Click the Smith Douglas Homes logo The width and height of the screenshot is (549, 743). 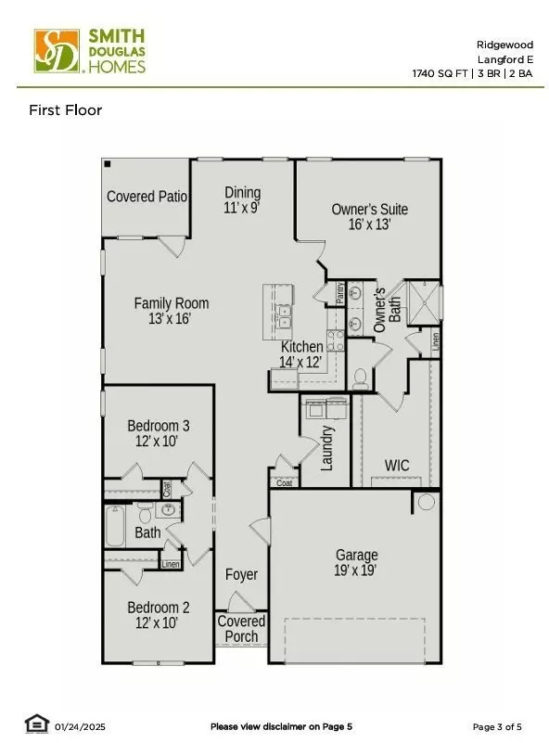90,50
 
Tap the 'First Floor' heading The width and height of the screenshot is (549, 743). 65,110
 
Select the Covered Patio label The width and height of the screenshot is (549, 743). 147,197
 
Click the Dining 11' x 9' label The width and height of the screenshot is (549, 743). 242,199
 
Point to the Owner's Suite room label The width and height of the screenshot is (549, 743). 369,216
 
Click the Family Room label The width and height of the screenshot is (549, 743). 172,310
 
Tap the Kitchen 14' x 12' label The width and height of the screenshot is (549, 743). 301,353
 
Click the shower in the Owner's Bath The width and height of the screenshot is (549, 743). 422,301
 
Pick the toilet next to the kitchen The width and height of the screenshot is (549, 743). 361,378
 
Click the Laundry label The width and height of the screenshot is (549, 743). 326,447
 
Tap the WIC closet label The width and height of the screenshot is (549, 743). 397,465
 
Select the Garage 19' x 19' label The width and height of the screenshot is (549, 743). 355,563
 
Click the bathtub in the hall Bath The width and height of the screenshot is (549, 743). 116,525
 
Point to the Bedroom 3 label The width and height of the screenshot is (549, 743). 159,433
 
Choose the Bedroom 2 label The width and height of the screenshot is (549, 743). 159,615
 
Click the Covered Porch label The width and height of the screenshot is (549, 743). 241,628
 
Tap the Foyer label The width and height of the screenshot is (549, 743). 241,575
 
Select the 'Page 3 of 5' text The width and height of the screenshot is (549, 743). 496,726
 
